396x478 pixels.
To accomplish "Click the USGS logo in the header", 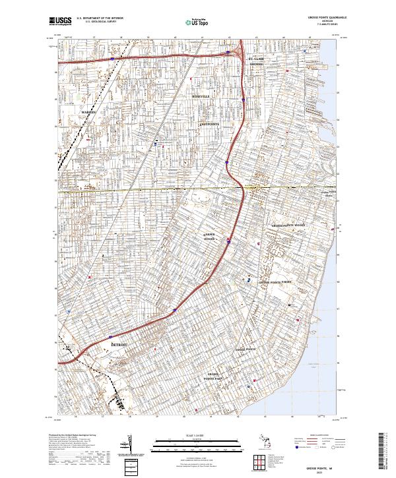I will pyautogui.click(x=60, y=21).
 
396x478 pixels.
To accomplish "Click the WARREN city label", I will pyautogui.click(x=88, y=113).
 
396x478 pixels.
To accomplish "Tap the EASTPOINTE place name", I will pyautogui.click(x=209, y=123).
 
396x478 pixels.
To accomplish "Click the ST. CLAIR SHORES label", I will pyautogui.click(x=256, y=62).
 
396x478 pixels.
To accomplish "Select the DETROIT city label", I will pyautogui.click(x=119, y=345).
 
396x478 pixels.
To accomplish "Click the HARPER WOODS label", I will pyautogui.click(x=209, y=236).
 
